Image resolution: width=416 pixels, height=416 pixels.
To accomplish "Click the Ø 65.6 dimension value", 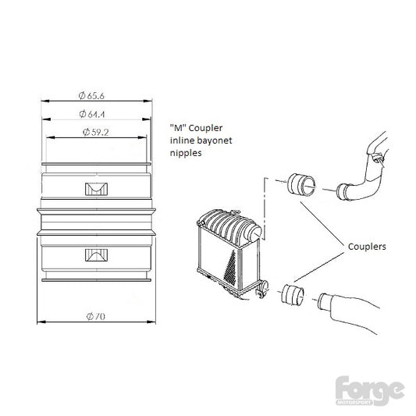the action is coord(91,95).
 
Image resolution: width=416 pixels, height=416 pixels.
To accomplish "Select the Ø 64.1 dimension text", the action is coord(92,114).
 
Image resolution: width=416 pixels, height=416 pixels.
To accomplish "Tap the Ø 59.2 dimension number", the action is coord(96,132).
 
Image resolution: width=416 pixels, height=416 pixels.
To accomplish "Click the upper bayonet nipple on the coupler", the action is coord(96,189).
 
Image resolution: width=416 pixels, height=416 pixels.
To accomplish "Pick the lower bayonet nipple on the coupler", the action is coord(96,255).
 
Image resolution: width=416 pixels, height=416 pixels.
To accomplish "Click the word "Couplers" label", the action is coord(367,247).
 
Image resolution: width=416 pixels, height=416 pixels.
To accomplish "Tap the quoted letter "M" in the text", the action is coord(178,128).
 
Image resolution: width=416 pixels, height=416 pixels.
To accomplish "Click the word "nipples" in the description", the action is coord(186,153).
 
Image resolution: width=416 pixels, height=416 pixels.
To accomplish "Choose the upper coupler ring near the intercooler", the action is coord(301,185).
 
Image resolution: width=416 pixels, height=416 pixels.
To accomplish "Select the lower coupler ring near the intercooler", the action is coord(293,295).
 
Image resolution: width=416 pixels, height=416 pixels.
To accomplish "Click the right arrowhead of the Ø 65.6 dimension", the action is coord(148,101).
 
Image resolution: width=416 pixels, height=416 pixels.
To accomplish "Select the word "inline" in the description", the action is coord(183,140).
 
